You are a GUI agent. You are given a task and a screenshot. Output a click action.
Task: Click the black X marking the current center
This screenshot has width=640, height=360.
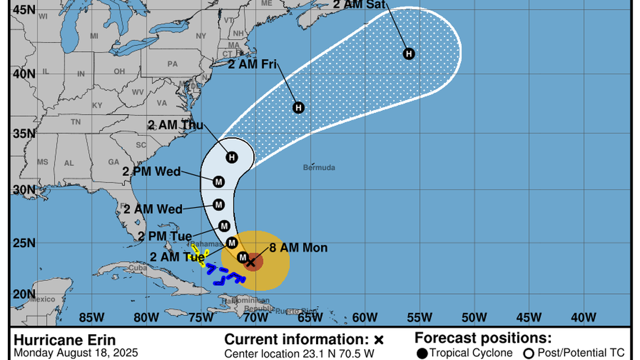point(251,261)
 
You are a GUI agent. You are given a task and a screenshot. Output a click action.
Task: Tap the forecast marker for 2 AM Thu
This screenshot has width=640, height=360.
point(232,157)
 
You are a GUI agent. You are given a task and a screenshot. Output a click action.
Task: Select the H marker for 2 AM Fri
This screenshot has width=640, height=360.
point(298,107)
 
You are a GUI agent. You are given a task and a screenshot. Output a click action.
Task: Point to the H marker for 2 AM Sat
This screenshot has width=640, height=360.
point(409,53)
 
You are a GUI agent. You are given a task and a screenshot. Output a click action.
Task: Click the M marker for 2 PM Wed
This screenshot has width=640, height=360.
point(218,181)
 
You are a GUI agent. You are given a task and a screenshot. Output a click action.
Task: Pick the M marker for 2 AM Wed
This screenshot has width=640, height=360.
point(218,204)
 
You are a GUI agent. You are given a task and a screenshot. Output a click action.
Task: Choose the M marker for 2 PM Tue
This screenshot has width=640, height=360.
point(224,226)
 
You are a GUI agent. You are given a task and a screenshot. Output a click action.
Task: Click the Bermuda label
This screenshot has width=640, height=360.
point(319,167)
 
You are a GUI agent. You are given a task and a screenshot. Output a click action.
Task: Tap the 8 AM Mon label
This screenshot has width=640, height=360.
point(298,248)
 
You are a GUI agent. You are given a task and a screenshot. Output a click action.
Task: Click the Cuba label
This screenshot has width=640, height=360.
point(138,267)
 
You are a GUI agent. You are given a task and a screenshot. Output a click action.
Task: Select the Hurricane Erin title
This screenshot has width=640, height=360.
point(65,340)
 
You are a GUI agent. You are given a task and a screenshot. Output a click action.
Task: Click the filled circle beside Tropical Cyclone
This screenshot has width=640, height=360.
point(422,353)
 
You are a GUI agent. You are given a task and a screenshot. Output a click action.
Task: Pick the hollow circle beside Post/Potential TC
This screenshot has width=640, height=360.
point(528,353)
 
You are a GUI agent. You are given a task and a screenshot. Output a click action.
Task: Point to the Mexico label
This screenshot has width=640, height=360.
point(43,299)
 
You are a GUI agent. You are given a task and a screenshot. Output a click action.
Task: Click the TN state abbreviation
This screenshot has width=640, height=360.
point(75,122)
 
